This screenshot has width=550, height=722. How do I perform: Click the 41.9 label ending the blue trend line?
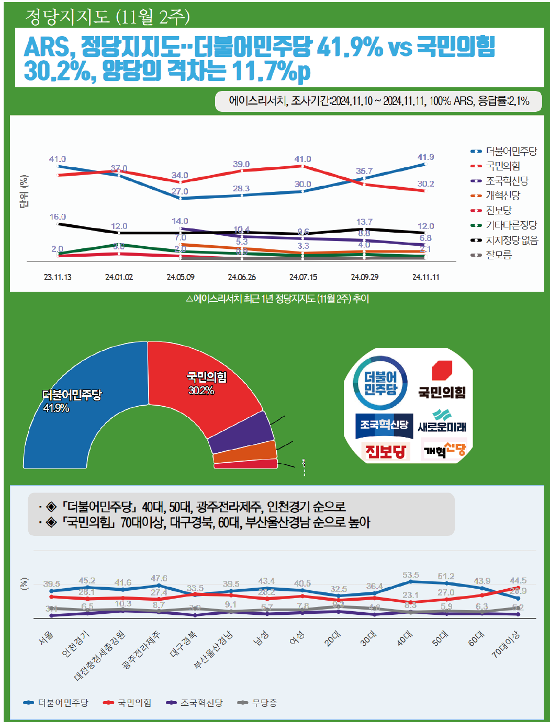(425, 157)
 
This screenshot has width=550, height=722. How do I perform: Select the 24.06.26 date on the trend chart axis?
(242, 277)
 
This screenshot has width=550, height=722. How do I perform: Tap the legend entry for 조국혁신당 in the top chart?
(507, 181)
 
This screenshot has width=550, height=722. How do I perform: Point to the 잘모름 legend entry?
(498, 255)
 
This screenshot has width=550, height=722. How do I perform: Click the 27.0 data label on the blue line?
(179, 191)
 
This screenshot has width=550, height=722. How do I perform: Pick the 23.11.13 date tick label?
(58, 277)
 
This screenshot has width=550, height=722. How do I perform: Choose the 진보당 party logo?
(385, 451)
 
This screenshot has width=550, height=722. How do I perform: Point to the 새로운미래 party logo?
(442, 422)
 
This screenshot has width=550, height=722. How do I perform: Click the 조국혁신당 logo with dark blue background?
(384, 425)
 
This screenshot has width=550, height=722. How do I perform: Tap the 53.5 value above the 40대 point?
(410, 575)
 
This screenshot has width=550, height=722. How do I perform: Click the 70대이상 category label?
(506, 644)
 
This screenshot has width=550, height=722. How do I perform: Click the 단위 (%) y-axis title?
(24, 192)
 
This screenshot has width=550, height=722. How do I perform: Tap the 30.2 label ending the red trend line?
(425, 184)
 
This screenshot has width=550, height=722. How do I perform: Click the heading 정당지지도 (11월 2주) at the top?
(107, 17)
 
